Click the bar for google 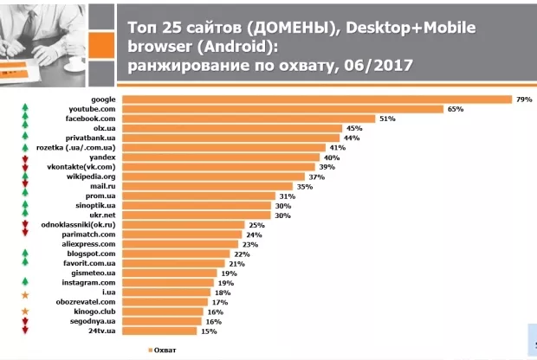pyautogui.click(x=316, y=100)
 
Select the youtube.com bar pyautogui.click(x=282, y=109)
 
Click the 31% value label pyautogui.click(x=287, y=196)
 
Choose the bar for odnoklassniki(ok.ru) pyautogui.click(x=183, y=225)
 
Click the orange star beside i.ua pyautogui.click(x=25, y=292)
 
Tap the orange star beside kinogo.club pyautogui.click(x=25, y=312)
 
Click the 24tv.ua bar pyautogui.click(x=160, y=331)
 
